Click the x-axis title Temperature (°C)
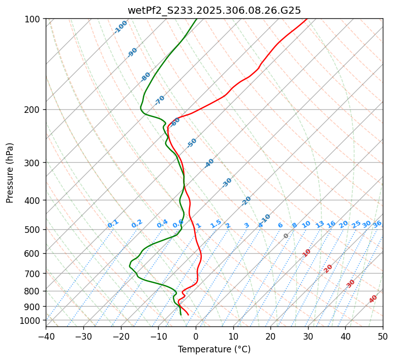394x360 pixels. (214, 350)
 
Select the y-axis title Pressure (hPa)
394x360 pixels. (10, 173)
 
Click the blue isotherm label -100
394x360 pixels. (120, 27)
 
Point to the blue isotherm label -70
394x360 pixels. (160, 100)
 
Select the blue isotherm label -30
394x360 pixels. (227, 183)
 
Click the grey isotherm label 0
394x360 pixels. (286, 236)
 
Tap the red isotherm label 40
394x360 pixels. (373, 299)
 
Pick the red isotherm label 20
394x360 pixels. (328, 268)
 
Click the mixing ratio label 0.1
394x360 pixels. (113, 224)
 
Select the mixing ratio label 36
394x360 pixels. (377, 224)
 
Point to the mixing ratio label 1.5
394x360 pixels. (216, 224)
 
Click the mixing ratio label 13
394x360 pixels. (320, 224)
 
